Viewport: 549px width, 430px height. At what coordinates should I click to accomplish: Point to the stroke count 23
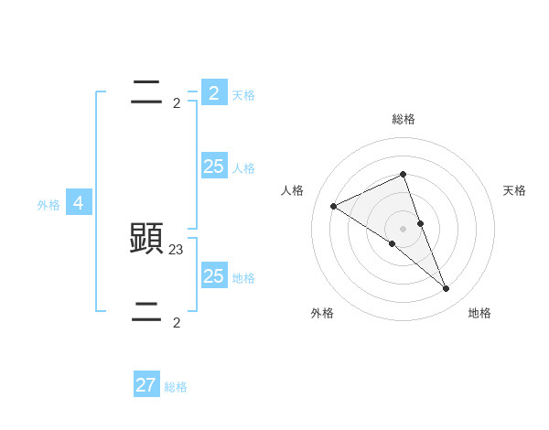pyautogui.click(x=177, y=248)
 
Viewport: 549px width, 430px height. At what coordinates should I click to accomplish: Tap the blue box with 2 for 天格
pyautogui.click(x=214, y=92)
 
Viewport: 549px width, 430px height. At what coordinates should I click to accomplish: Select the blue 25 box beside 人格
pyautogui.click(x=214, y=166)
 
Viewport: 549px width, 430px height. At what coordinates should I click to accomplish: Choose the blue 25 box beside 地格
pyautogui.click(x=214, y=275)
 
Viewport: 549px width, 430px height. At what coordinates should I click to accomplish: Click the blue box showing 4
pyautogui.click(x=79, y=203)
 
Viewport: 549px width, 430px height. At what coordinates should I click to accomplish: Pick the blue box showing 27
pyautogui.click(x=146, y=385)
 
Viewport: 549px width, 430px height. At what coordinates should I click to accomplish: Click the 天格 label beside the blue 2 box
pyautogui.click(x=243, y=95)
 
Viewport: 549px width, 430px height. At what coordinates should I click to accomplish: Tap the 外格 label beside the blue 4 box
pyautogui.click(x=48, y=206)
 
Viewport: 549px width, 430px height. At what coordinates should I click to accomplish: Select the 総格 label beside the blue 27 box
pyautogui.click(x=176, y=388)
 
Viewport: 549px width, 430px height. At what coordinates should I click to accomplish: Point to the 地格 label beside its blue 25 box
pyautogui.click(x=243, y=278)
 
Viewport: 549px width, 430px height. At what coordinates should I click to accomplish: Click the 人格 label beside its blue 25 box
pyautogui.click(x=243, y=168)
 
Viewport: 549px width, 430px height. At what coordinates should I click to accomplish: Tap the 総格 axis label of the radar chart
pyautogui.click(x=404, y=119)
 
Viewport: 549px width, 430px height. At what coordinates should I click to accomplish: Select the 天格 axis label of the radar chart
pyautogui.click(x=514, y=190)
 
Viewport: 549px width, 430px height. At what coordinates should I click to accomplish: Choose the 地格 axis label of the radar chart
pyautogui.click(x=479, y=313)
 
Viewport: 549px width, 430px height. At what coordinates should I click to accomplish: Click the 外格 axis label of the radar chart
pyautogui.click(x=322, y=313)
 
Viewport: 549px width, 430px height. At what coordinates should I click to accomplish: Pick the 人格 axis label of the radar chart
pyautogui.click(x=292, y=190)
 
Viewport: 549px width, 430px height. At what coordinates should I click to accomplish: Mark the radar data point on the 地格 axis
pyautogui.click(x=447, y=289)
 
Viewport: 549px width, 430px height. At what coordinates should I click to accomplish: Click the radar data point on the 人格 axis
pyautogui.click(x=333, y=206)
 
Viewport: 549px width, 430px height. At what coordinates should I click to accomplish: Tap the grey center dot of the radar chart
pyautogui.click(x=403, y=229)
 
